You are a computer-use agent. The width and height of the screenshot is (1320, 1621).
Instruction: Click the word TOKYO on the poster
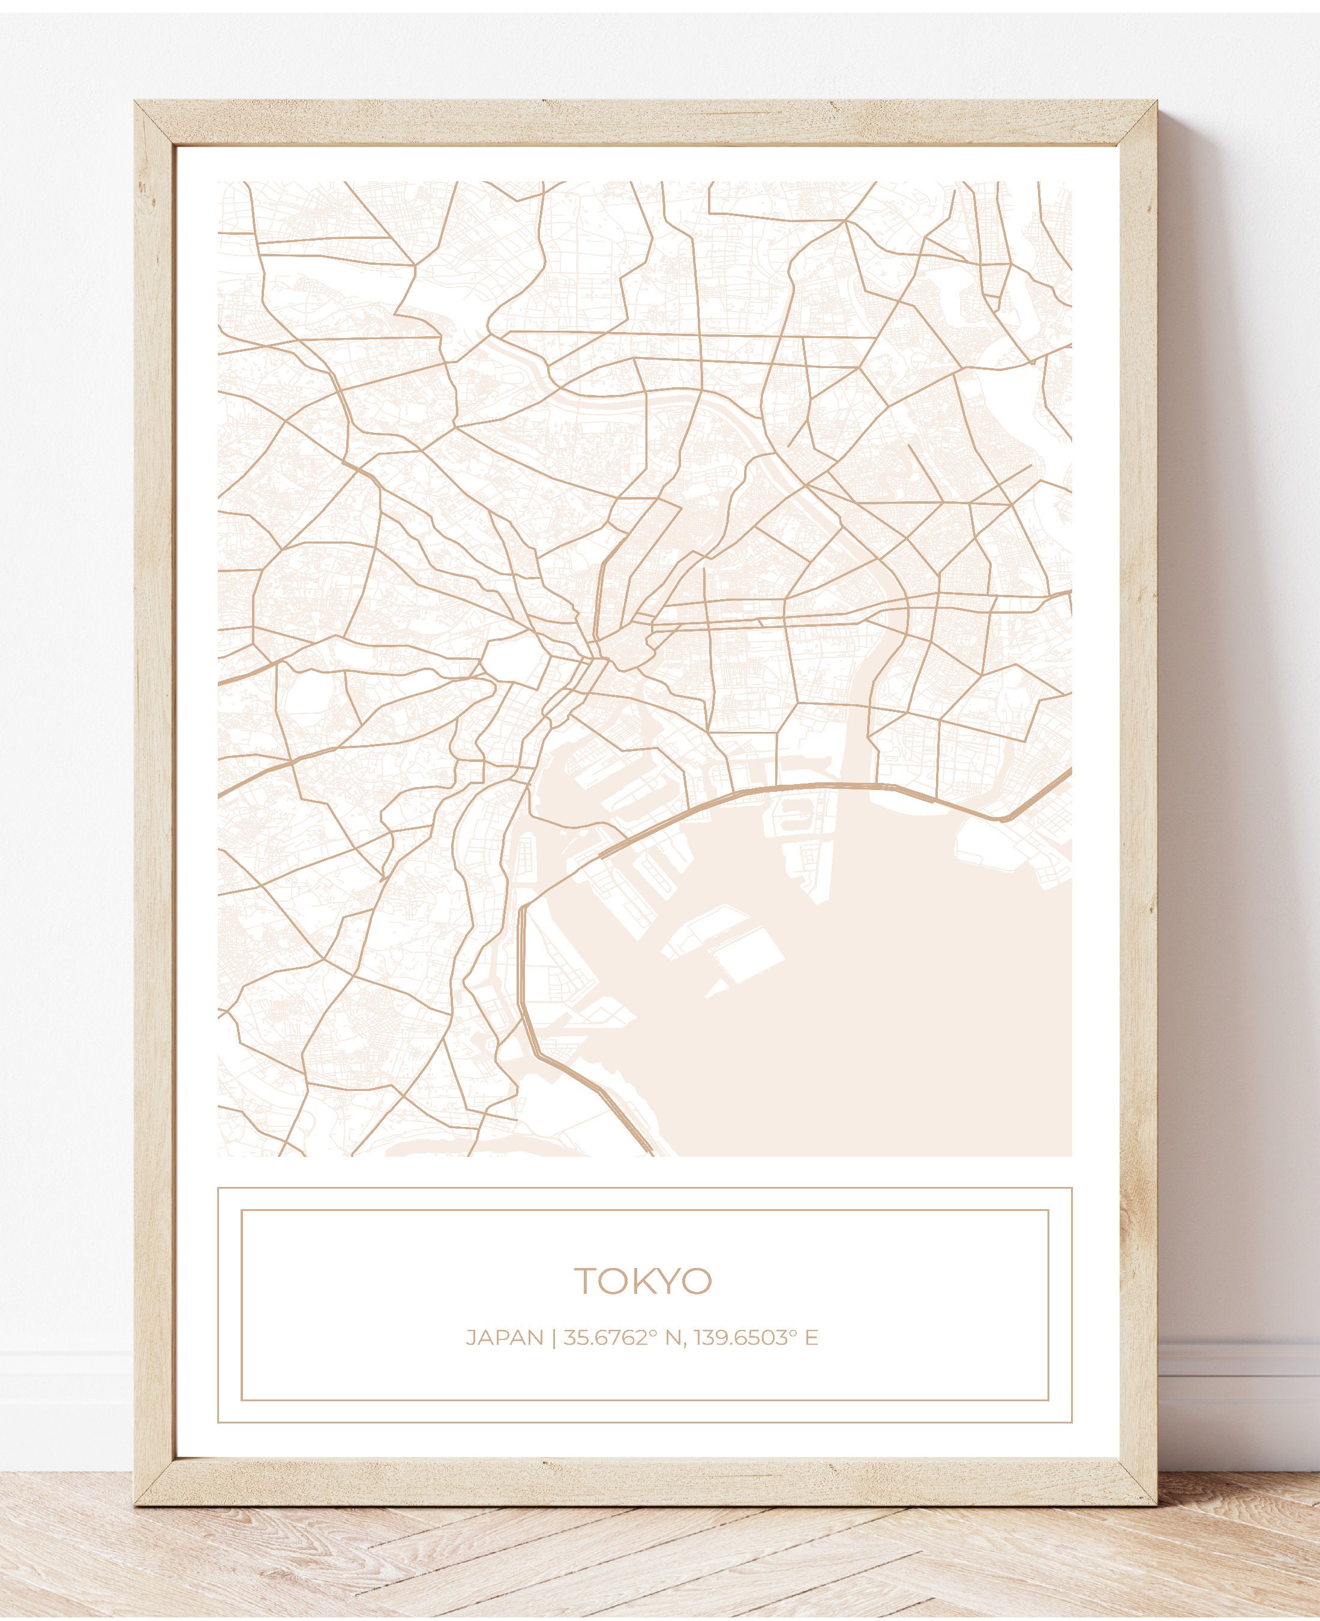pos(643,1281)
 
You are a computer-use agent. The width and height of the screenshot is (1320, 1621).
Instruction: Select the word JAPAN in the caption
pos(504,1337)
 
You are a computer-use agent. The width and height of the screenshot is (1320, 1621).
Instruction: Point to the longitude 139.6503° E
pos(755,1337)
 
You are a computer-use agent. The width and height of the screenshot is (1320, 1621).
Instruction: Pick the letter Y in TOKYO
pos(670,1281)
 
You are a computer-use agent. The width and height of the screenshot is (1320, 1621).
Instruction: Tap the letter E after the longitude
pos(812,1337)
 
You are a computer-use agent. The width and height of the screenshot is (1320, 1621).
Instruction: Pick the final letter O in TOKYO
pos(697,1281)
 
